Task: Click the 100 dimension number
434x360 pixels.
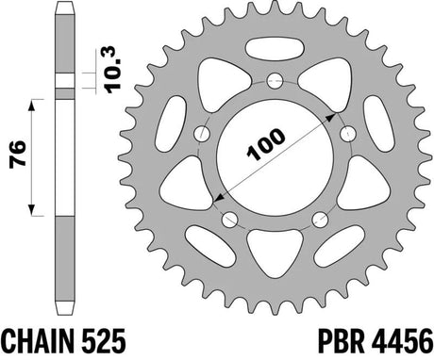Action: click(266, 144)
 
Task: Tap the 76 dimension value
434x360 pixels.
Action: click(17, 155)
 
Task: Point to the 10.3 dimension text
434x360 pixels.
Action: click(113, 70)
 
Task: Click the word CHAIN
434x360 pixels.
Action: click(37, 342)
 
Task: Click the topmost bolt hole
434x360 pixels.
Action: click(275, 81)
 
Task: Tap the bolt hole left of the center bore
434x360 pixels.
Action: click(202, 134)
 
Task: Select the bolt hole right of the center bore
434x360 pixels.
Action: click(348, 134)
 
